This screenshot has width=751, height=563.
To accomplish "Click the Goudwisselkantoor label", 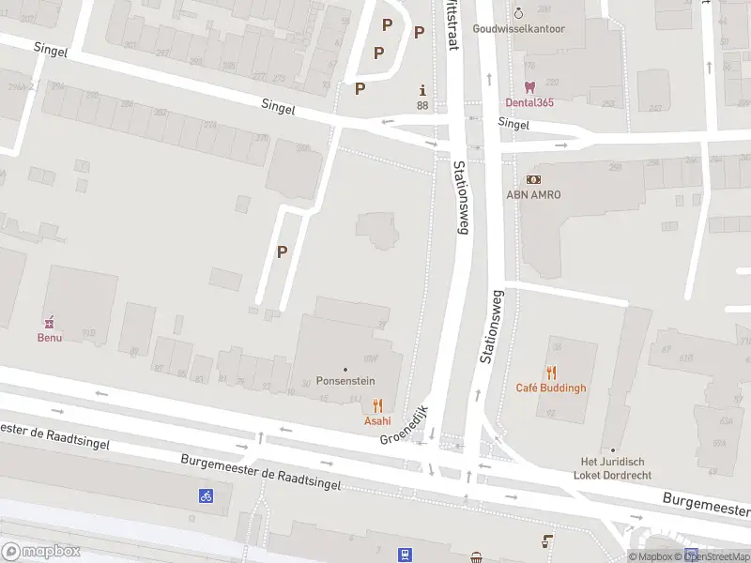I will (519, 29).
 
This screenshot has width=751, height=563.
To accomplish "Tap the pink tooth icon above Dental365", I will (530, 86).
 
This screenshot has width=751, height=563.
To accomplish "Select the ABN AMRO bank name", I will (532, 195).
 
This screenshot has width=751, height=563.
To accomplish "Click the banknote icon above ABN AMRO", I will (533, 179).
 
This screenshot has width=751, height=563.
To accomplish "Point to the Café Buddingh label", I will (551, 388).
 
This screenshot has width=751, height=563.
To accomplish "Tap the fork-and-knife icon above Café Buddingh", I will (551, 372).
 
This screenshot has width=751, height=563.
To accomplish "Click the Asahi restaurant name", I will (377, 421).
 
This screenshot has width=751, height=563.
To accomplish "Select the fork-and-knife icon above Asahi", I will (377, 405).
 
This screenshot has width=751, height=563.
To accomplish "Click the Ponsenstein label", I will (345, 383).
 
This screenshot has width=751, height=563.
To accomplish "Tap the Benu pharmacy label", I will (50, 338).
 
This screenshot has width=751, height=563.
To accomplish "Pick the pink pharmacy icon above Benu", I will (50, 322).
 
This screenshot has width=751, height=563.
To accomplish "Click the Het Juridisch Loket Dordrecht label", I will (613, 467).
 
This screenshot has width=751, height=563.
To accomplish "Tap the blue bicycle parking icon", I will (205, 495).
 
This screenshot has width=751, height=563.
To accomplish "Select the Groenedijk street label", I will (404, 425).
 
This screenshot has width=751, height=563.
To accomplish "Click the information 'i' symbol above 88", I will (422, 90).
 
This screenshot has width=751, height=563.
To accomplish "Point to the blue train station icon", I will (405, 554).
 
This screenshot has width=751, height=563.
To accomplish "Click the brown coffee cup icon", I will (546, 540).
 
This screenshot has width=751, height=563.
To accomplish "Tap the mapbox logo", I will (41, 552).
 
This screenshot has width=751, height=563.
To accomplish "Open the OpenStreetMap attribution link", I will (716, 556).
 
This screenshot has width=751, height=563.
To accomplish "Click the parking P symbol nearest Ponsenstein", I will (282, 251).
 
